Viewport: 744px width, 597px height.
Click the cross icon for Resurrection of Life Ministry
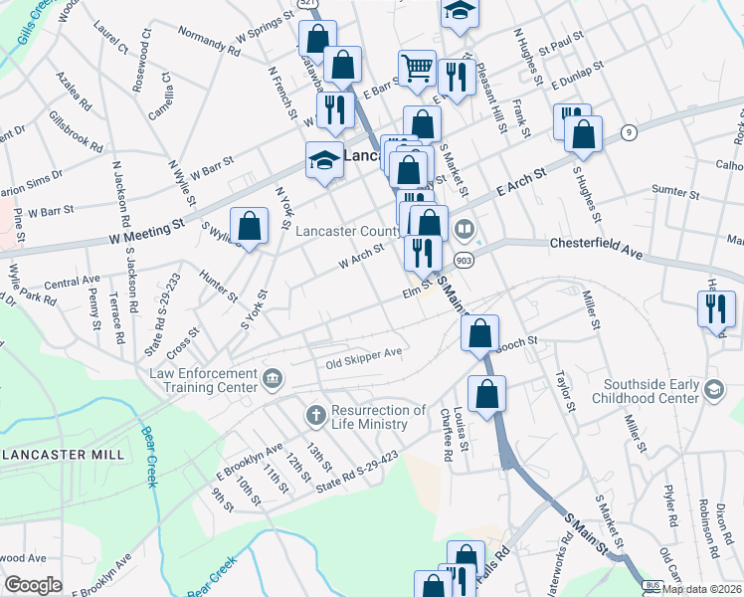point(314,415)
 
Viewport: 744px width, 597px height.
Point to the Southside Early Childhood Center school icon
point(713,389)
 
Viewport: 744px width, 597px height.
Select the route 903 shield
point(465,260)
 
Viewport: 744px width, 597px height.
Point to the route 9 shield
point(629,132)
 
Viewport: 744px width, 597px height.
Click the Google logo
point(33,585)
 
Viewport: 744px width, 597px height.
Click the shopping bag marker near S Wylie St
point(249,227)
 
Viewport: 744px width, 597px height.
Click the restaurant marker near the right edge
point(714,309)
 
